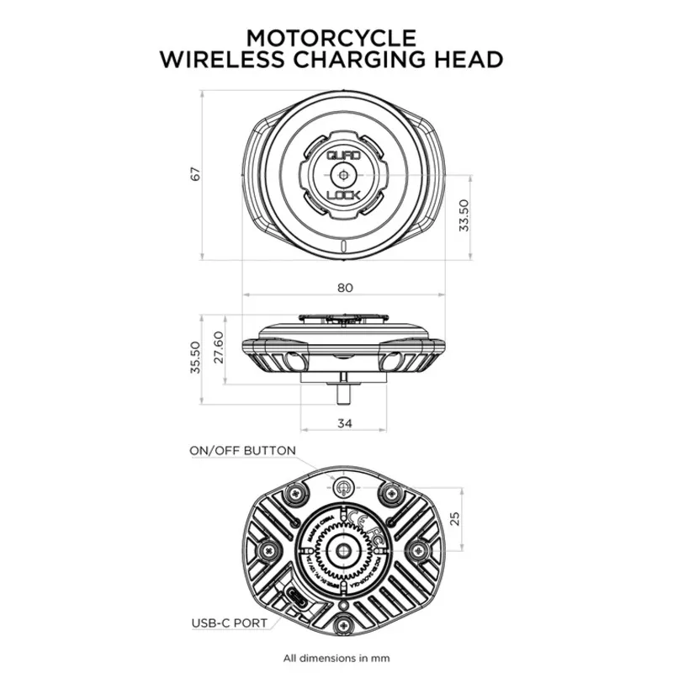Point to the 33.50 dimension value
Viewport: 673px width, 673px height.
464,217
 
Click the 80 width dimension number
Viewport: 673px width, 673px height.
344,288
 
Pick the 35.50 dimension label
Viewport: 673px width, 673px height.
195,357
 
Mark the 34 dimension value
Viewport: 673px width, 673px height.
343,423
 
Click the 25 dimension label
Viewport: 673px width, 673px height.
456,518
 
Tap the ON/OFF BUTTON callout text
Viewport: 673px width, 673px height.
242,451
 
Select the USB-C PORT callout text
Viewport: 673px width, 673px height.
228,623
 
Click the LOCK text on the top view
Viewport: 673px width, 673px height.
343,196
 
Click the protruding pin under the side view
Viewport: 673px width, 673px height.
344,392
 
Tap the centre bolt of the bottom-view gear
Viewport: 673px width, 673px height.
343,548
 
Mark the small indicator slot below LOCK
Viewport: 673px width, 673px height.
343,245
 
